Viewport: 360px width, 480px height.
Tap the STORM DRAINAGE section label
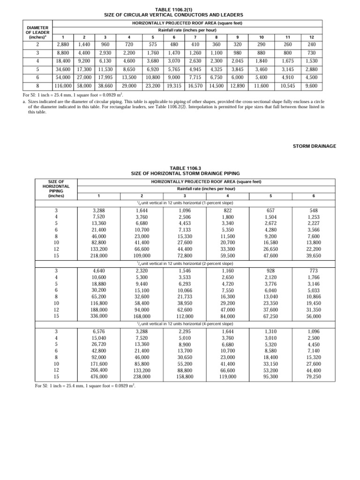[315, 146]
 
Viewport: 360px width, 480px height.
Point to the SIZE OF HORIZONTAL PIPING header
[56, 188]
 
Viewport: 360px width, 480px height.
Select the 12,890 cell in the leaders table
[238, 86]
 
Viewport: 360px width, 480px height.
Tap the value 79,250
[314, 376]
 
